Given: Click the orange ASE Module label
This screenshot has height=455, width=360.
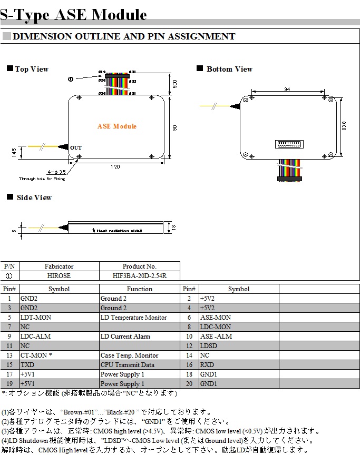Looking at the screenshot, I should pos(117,126).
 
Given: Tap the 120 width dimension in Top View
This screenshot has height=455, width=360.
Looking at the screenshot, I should pos(115,167).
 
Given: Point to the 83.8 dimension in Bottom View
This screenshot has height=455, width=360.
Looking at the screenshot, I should pos(344,126).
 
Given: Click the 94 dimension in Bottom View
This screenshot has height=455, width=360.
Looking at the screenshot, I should pos(287,90).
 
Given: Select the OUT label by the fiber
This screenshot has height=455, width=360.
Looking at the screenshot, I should pos(76,148).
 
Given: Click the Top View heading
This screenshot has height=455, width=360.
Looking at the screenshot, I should pos(32,70).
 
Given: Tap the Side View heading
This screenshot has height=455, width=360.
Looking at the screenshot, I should pos(34,198).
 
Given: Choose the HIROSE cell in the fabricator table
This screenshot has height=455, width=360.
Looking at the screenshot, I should pos(59,276).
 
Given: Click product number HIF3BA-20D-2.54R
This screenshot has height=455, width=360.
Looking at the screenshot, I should pos(139,276).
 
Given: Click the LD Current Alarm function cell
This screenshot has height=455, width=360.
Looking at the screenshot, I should pos(125,337).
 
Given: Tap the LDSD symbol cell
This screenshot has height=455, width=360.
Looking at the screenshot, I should pos(208,346).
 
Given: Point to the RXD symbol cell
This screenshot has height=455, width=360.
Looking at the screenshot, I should pos(207,365).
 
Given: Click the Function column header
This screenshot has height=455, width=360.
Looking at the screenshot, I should pos(139,289).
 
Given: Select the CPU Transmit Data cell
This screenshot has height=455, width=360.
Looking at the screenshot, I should pos(128,365).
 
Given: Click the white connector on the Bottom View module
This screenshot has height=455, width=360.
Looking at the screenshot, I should pos(289,144).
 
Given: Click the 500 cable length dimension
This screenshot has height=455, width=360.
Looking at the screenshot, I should pos(174,84).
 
